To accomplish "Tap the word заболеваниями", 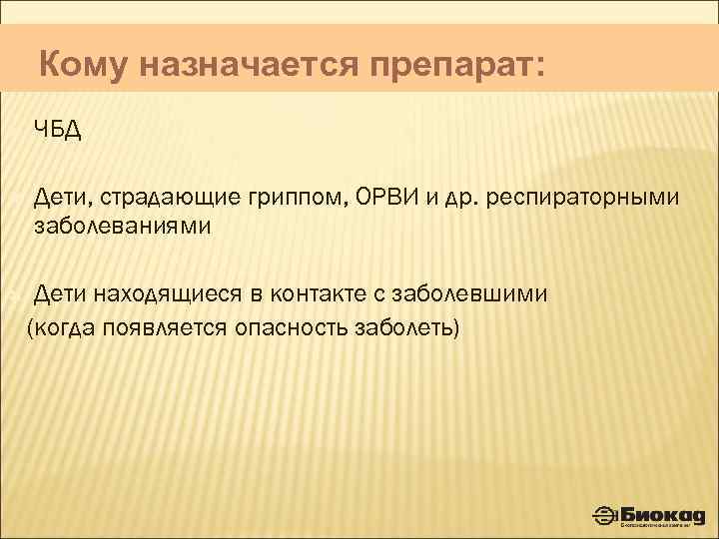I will point(123,225).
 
